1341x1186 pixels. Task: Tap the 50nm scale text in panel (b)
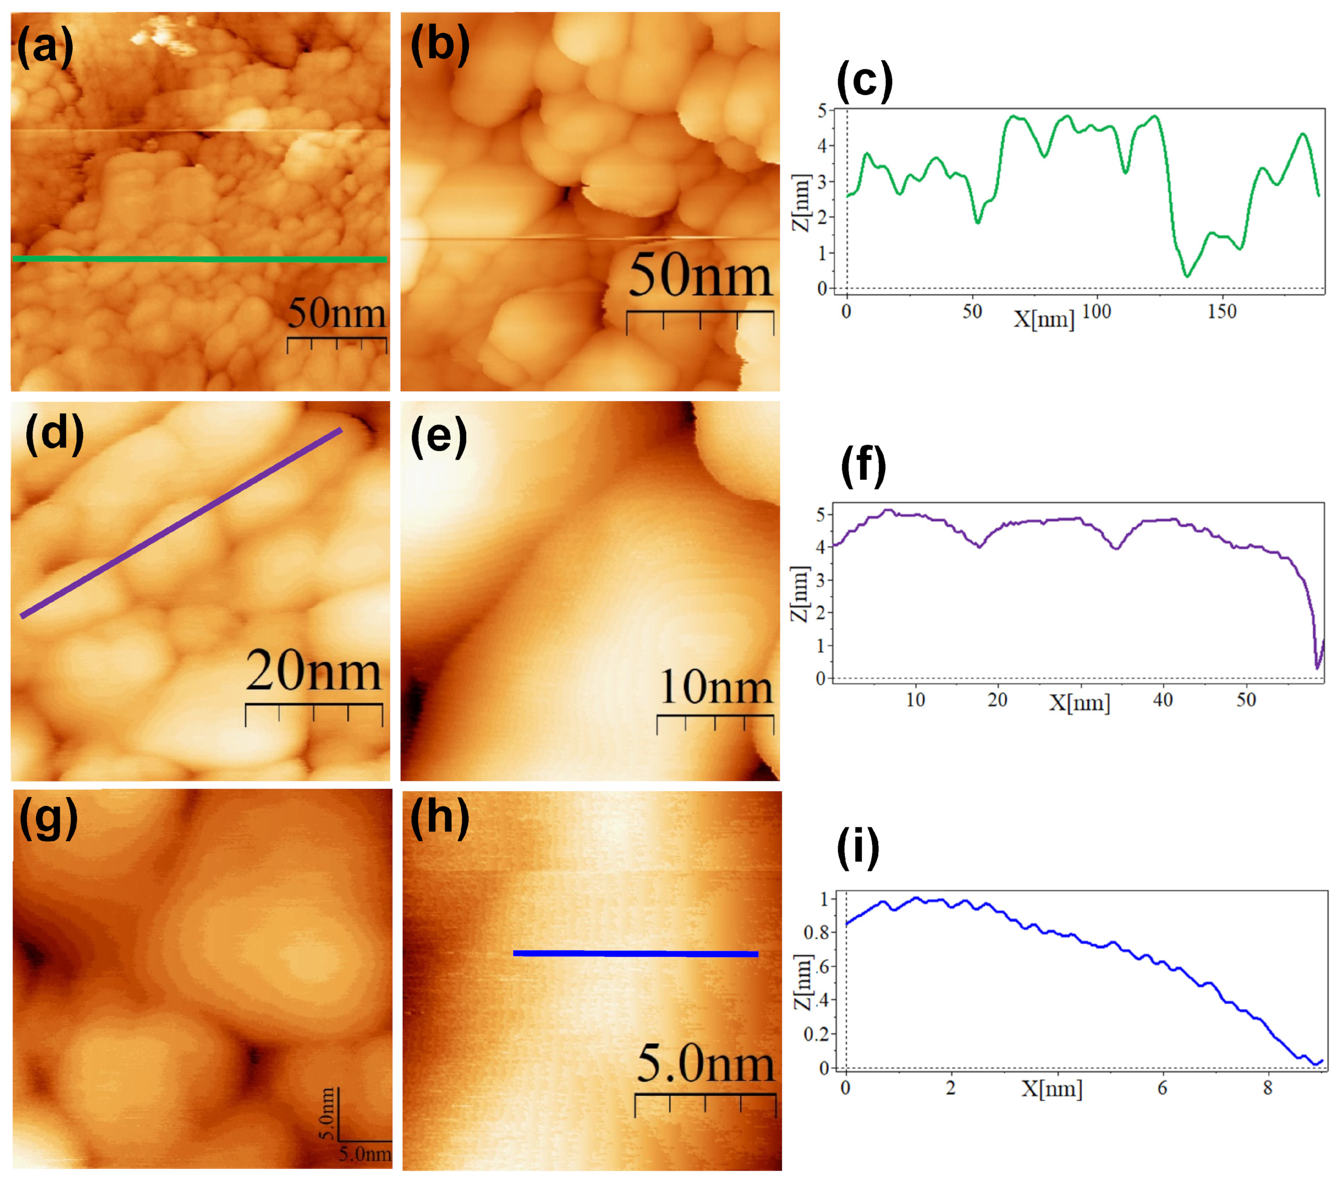(700, 278)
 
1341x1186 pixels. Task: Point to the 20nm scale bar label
(314, 672)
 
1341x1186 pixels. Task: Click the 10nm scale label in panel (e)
(715, 687)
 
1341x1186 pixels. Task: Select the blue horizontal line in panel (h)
(635, 953)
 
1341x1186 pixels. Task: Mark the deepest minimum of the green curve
(1186, 276)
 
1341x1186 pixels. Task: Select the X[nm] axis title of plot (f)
(1079, 703)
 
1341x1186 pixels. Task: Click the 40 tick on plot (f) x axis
(1163, 700)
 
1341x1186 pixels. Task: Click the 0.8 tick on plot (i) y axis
(816, 932)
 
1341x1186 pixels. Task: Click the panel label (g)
(49, 819)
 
